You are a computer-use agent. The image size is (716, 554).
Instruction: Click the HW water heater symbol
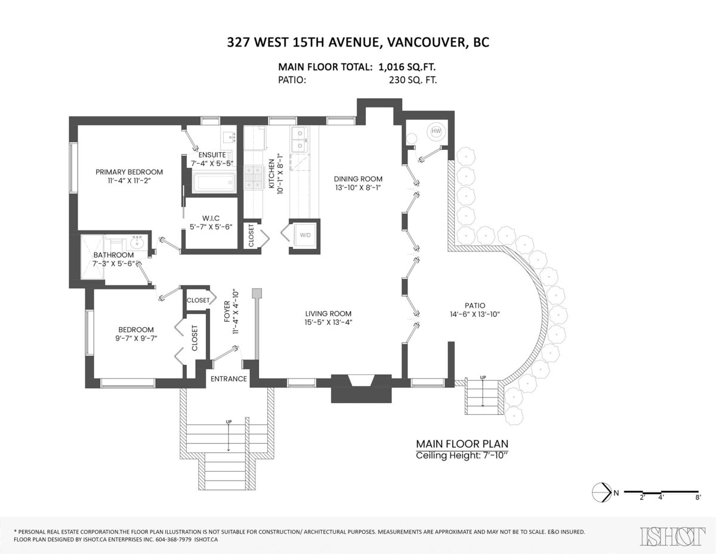click(x=436, y=131)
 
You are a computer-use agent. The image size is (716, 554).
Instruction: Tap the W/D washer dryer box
click(x=305, y=235)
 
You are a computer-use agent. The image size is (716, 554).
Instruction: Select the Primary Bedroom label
click(x=129, y=172)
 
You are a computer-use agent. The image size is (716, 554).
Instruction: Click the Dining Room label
click(x=358, y=178)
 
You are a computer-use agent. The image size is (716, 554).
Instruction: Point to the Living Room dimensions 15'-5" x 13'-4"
click(x=328, y=324)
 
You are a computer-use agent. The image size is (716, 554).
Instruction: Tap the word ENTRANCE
click(x=229, y=378)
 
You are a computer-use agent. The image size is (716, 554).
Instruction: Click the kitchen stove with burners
click(x=254, y=177)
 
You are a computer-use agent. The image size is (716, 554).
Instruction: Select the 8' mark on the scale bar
click(x=697, y=497)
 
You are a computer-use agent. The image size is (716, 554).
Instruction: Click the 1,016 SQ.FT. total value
click(x=407, y=67)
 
